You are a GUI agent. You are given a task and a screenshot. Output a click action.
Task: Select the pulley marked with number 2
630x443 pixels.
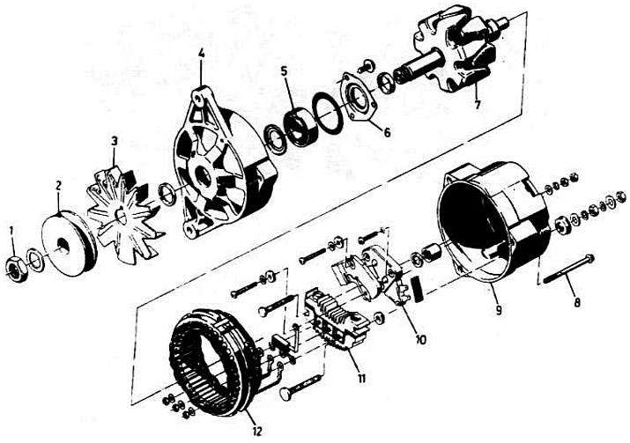[x=70, y=243]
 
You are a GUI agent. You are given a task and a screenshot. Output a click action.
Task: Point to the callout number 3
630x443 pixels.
[x=115, y=141]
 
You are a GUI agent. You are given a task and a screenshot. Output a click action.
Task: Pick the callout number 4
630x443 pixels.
[x=201, y=53]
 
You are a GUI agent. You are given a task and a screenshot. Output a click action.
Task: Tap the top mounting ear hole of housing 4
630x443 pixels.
[x=198, y=97]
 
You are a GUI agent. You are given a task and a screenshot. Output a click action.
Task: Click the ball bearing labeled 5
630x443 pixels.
[x=301, y=127]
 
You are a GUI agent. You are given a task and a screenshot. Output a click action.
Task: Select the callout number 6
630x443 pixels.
[x=387, y=132]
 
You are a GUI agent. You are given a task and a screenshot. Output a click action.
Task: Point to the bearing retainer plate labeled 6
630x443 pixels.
[x=358, y=96]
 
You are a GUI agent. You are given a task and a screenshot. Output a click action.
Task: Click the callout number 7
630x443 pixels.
[x=477, y=105]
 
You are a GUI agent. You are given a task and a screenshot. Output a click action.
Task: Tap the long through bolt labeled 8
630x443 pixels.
[x=568, y=269]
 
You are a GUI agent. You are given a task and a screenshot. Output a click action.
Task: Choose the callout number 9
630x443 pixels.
[x=498, y=310]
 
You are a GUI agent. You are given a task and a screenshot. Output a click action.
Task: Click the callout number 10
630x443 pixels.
[x=420, y=340]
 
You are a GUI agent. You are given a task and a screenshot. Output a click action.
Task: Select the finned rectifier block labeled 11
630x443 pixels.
[x=337, y=320]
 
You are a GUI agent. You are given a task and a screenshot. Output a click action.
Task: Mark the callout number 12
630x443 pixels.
[x=256, y=431]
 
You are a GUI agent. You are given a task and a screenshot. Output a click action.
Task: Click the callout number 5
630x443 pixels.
[x=284, y=72]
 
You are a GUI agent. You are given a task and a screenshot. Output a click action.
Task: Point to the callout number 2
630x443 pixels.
[x=58, y=185]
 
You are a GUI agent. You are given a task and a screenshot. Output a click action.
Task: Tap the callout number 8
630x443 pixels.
[x=577, y=302]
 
